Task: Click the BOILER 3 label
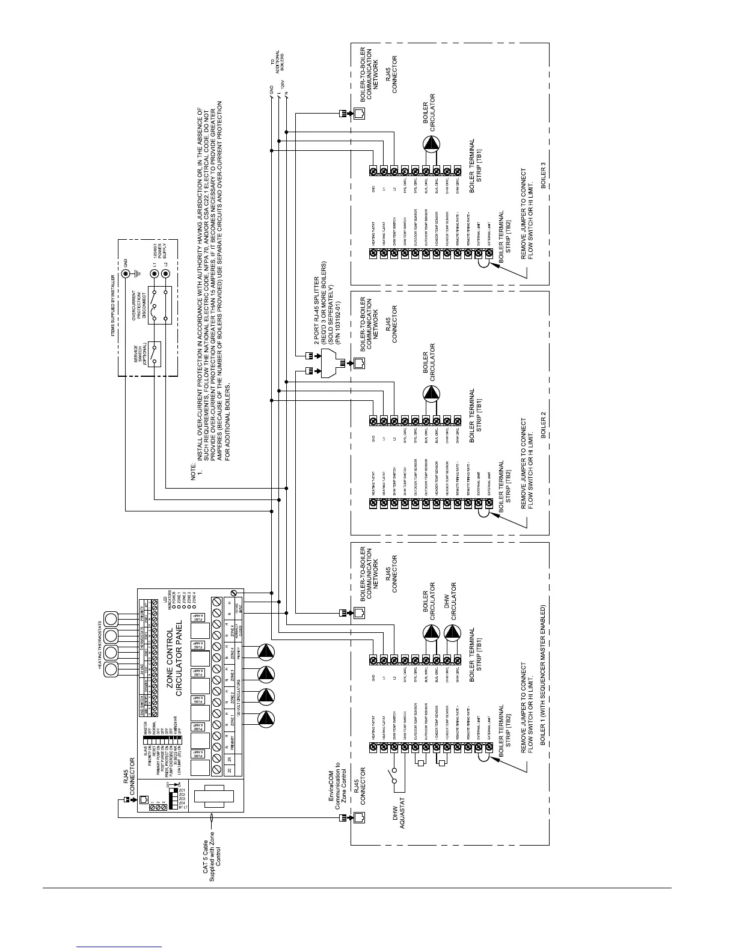544,175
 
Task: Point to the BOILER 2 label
544,424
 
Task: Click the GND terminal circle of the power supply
126,274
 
